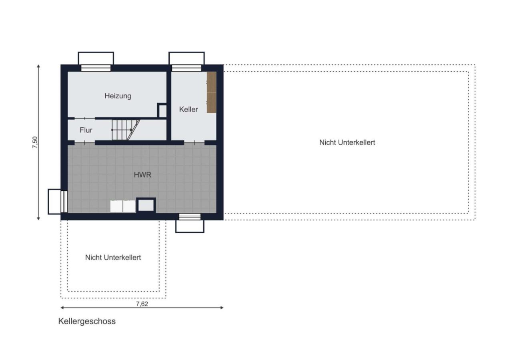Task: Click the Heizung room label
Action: tap(118, 96)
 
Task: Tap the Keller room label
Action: tap(188, 110)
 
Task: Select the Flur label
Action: tap(86, 130)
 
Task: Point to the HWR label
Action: tap(142, 175)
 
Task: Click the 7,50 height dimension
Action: tap(35, 142)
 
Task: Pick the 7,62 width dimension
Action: tap(142, 304)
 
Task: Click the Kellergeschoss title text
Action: tap(87, 321)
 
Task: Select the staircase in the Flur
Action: tap(126, 130)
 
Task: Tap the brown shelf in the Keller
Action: tap(211, 92)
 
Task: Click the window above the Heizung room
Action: tap(96, 68)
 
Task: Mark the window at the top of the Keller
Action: tap(186, 68)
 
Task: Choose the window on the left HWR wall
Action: tap(64, 202)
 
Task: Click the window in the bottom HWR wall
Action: tap(190, 217)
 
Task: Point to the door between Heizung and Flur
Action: tap(85, 118)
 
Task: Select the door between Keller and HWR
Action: tap(194, 143)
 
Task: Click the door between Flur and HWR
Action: tap(85, 143)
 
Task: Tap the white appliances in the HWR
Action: tap(123, 206)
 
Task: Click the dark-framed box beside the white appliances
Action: tap(146, 205)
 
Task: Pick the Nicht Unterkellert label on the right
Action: tap(347, 142)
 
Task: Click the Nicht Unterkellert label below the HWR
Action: tap(113, 257)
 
